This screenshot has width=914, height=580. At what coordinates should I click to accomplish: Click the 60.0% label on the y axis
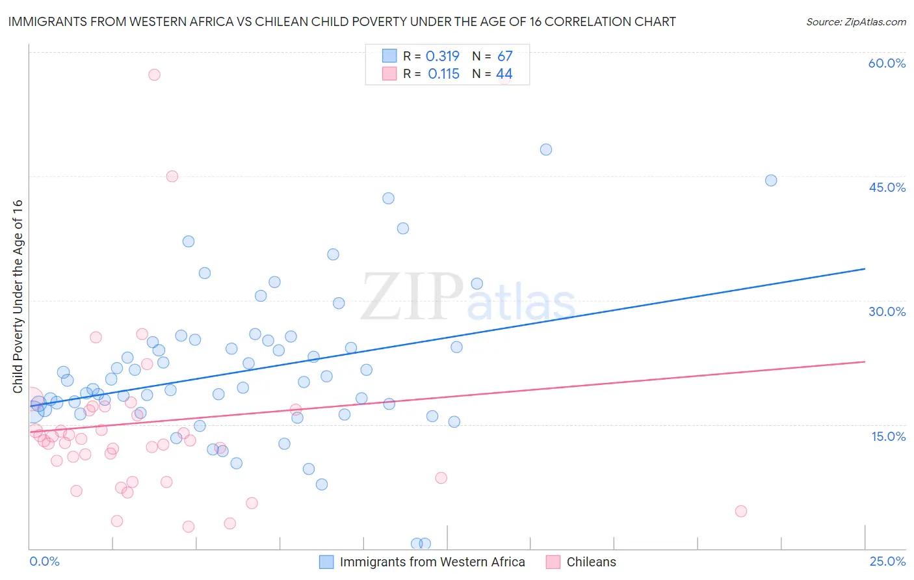click(x=887, y=63)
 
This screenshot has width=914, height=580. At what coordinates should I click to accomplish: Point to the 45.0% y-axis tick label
click(x=887, y=187)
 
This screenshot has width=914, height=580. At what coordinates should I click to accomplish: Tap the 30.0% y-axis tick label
click(x=887, y=311)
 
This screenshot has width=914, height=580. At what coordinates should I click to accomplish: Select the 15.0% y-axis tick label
click(x=888, y=436)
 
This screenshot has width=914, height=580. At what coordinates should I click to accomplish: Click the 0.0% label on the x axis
click(x=44, y=561)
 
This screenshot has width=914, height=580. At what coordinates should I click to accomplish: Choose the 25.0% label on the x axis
click(x=887, y=561)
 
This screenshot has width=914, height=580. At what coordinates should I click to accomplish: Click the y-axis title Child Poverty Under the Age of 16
click(x=18, y=296)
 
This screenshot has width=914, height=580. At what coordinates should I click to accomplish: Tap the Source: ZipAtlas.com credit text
click(x=855, y=21)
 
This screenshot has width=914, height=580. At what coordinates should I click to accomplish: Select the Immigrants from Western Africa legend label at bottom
click(x=432, y=562)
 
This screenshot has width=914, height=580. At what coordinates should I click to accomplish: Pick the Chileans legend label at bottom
click(x=591, y=562)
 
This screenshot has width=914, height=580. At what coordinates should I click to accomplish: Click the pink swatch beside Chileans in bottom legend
click(x=553, y=562)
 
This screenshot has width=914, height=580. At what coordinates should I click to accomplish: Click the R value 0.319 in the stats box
click(x=442, y=57)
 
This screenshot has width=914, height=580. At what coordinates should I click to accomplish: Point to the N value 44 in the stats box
click(x=504, y=74)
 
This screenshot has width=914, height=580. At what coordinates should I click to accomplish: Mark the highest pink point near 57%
click(x=154, y=75)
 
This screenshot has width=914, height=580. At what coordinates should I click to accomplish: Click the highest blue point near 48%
click(x=546, y=150)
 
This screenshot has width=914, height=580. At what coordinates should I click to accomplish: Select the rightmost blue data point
click(x=771, y=180)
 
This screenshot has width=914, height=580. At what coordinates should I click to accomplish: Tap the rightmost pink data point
click(x=741, y=511)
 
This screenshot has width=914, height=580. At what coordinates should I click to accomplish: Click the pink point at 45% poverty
click(x=172, y=176)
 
